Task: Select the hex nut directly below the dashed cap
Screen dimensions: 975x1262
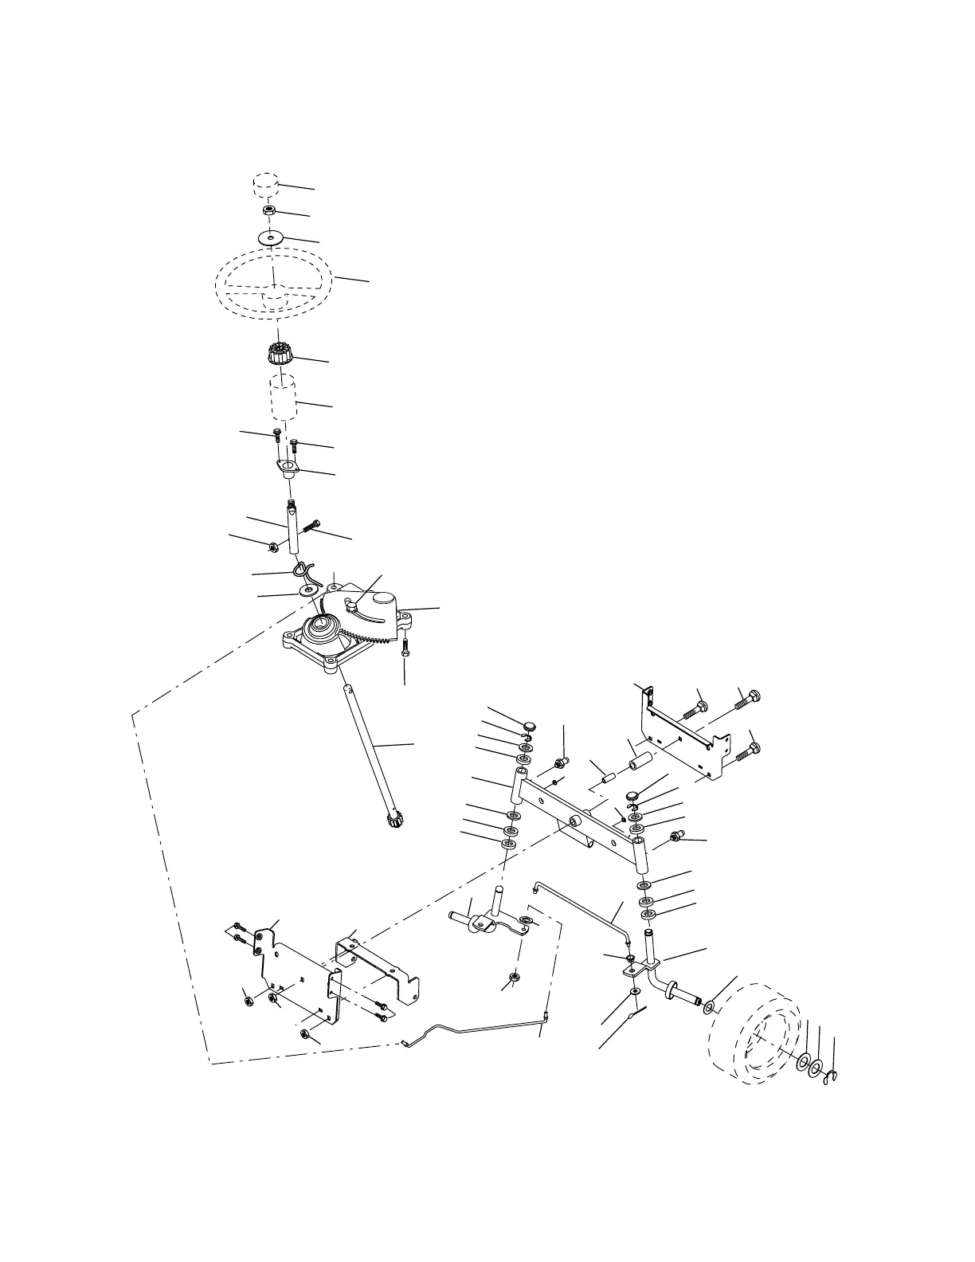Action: [x=269, y=211]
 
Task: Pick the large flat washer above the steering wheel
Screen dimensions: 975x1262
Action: [x=272, y=237]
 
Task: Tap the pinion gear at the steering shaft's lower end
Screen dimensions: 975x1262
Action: [x=394, y=820]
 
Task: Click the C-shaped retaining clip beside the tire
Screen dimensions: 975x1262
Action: [x=830, y=1080]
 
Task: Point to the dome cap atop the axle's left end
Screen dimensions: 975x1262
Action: [x=529, y=725]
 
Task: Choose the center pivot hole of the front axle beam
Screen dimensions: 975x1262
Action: [x=574, y=821]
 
